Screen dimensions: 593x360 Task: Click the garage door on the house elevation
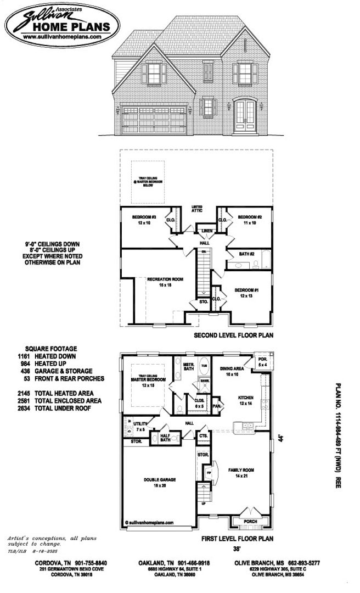pos(155,118)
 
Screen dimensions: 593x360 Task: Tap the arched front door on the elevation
pos(245,115)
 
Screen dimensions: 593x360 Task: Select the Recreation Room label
pos(165,282)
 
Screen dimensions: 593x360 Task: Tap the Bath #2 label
pos(246,254)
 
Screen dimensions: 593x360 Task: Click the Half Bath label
pos(165,438)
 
